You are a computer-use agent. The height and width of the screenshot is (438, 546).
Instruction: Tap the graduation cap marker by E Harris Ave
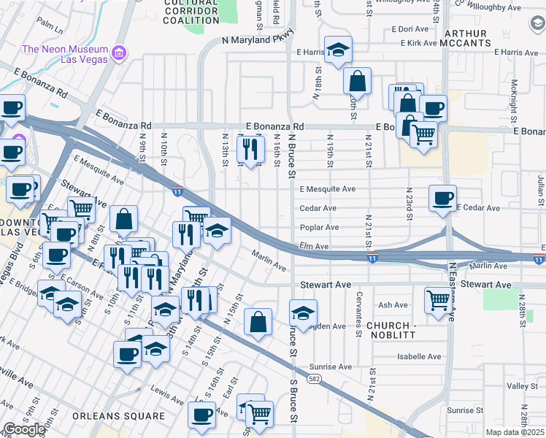pyautogui.click(x=338, y=50)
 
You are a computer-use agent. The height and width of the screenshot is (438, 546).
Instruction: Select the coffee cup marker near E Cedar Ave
pyautogui.click(x=442, y=199)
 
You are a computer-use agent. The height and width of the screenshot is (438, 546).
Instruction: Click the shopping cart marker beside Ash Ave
pyautogui.click(x=437, y=299)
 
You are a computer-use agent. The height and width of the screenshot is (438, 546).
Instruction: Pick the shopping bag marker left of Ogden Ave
pyautogui.click(x=258, y=322)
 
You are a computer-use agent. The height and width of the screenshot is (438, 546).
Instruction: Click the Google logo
pyautogui.click(x=24, y=429)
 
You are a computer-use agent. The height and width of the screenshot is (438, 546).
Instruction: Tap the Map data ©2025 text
pyautogui.click(x=515, y=432)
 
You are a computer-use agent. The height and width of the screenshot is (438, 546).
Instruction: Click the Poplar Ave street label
pyautogui.click(x=319, y=228)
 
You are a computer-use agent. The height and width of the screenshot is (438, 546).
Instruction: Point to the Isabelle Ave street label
pyautogui.click(x=419, y=357)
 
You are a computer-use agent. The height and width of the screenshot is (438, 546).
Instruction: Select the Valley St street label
pyautogui.click(x=522, y=385)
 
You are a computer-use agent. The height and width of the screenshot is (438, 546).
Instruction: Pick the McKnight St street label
pyautogui.click(x=515, y=101)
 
